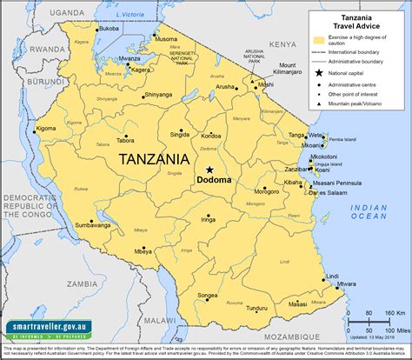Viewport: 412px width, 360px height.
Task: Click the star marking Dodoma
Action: pyautogui.click(x=209, y=170)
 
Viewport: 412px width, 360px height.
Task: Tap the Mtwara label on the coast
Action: pyautogui.click(x=346, y=283)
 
